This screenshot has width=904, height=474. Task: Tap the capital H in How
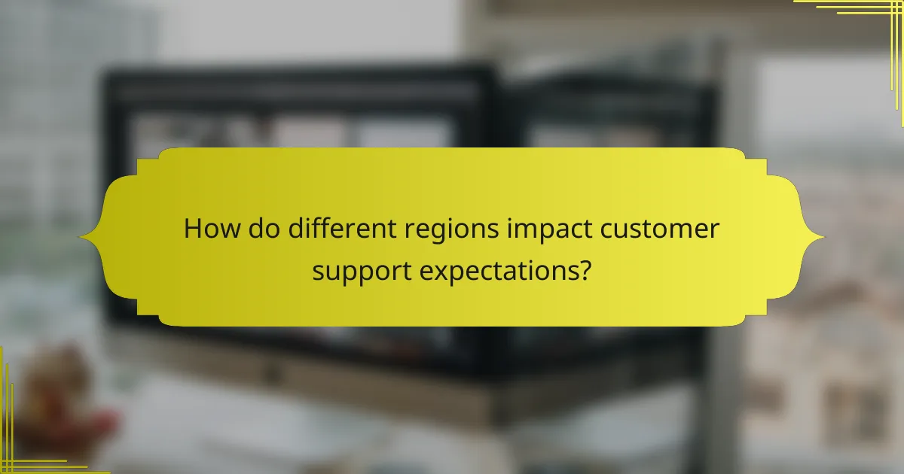coord(194,229)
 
